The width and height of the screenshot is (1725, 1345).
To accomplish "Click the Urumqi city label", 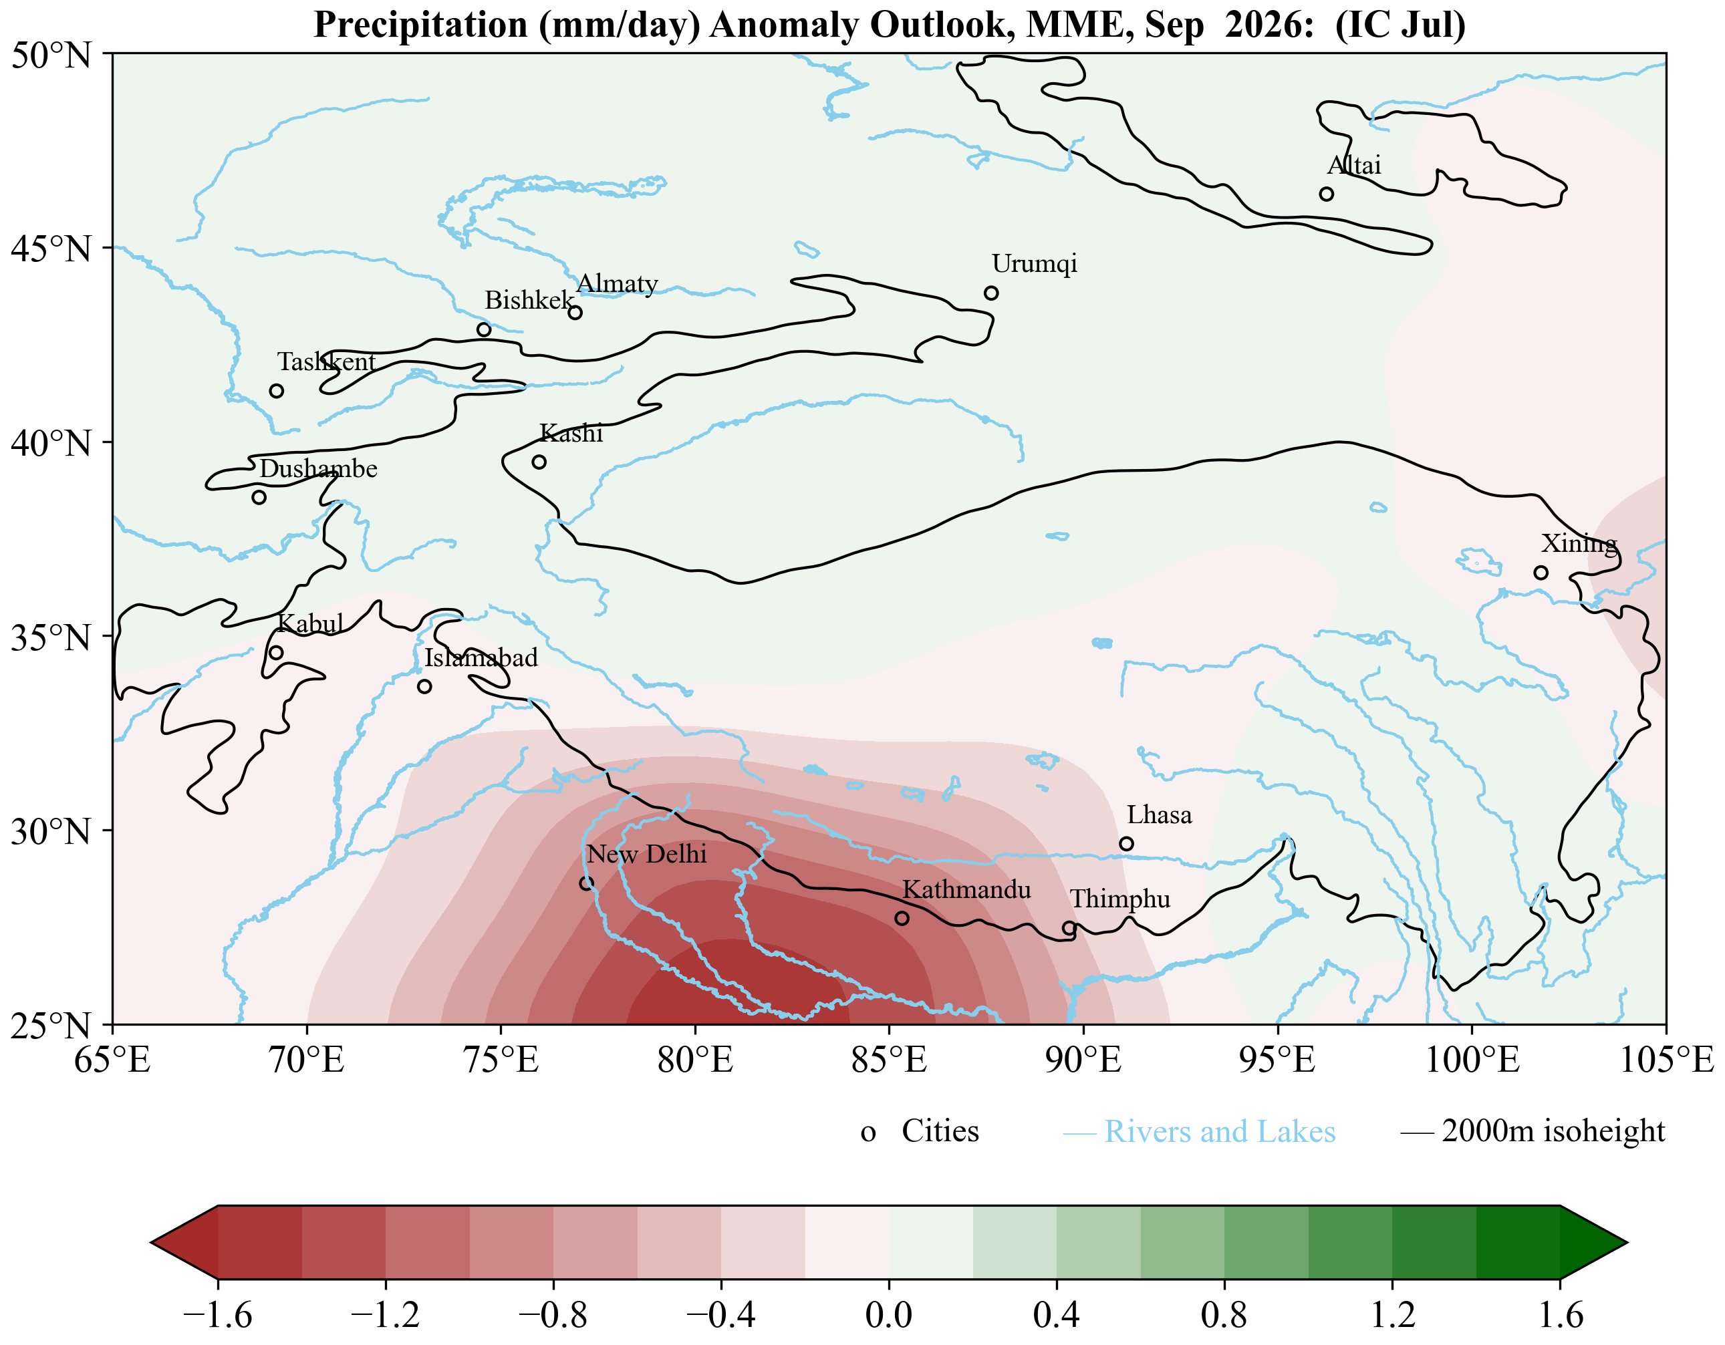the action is point(1034,264).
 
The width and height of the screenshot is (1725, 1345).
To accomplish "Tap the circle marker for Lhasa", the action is point(1126,843).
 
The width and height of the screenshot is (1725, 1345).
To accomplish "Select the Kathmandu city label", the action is point(966,890).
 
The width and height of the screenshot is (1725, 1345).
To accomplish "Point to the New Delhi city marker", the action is point(586,883).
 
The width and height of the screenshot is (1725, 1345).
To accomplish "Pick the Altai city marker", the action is point(1326,194).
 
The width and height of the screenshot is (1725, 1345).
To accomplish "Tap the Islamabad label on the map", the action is point(481,658).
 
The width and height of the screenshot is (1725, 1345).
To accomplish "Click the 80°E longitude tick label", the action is point(695,1060).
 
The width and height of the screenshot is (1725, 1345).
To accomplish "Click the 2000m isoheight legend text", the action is point(1553,1132).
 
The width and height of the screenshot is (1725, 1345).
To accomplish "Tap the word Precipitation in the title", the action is point(421,25).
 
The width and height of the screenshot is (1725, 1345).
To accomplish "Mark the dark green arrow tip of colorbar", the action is point(1626,1242).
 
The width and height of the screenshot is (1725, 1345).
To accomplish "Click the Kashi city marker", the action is point(539,462).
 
